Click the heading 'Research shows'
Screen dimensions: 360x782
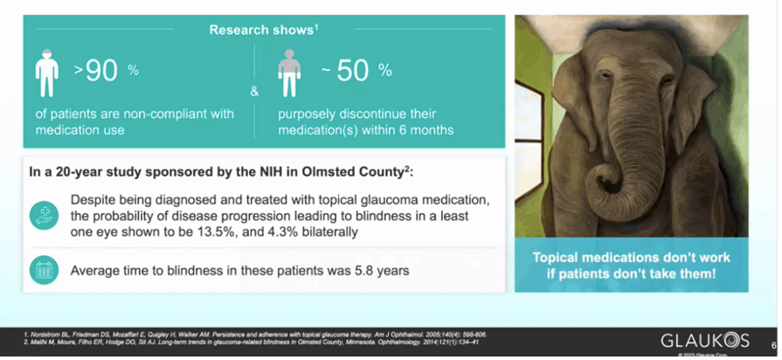point(262,31)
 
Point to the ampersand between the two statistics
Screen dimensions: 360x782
point(254,91)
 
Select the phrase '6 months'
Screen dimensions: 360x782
point(427,130)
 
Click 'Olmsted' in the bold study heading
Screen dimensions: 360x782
point(319,170)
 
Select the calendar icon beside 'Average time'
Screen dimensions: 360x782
point(43,270)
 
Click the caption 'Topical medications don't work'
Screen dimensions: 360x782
point(632,259)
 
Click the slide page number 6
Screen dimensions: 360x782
point(773,343)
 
